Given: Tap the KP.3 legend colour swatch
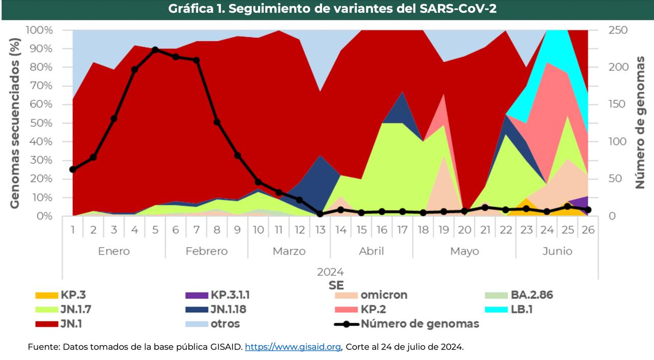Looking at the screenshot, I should [46, 295].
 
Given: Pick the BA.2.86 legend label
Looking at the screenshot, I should [531, 295].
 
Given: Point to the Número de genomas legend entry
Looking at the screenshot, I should [419, 324].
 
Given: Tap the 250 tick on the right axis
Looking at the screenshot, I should [618, 30].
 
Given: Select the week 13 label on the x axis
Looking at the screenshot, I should [320, 230].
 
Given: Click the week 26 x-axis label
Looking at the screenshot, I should [588, 230].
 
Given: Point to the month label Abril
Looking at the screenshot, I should [371, 251].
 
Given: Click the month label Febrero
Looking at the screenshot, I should [206, 251].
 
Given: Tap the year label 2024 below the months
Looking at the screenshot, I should [330, 272].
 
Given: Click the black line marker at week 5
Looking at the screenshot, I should [155, 50].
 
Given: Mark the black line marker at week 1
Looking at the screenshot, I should [73, 170].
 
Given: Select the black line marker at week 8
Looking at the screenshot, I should [217, 122].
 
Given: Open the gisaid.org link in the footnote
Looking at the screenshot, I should [293, 347].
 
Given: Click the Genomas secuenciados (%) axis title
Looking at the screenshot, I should [15, 123].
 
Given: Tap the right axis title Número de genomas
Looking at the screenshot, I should [640, 123].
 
